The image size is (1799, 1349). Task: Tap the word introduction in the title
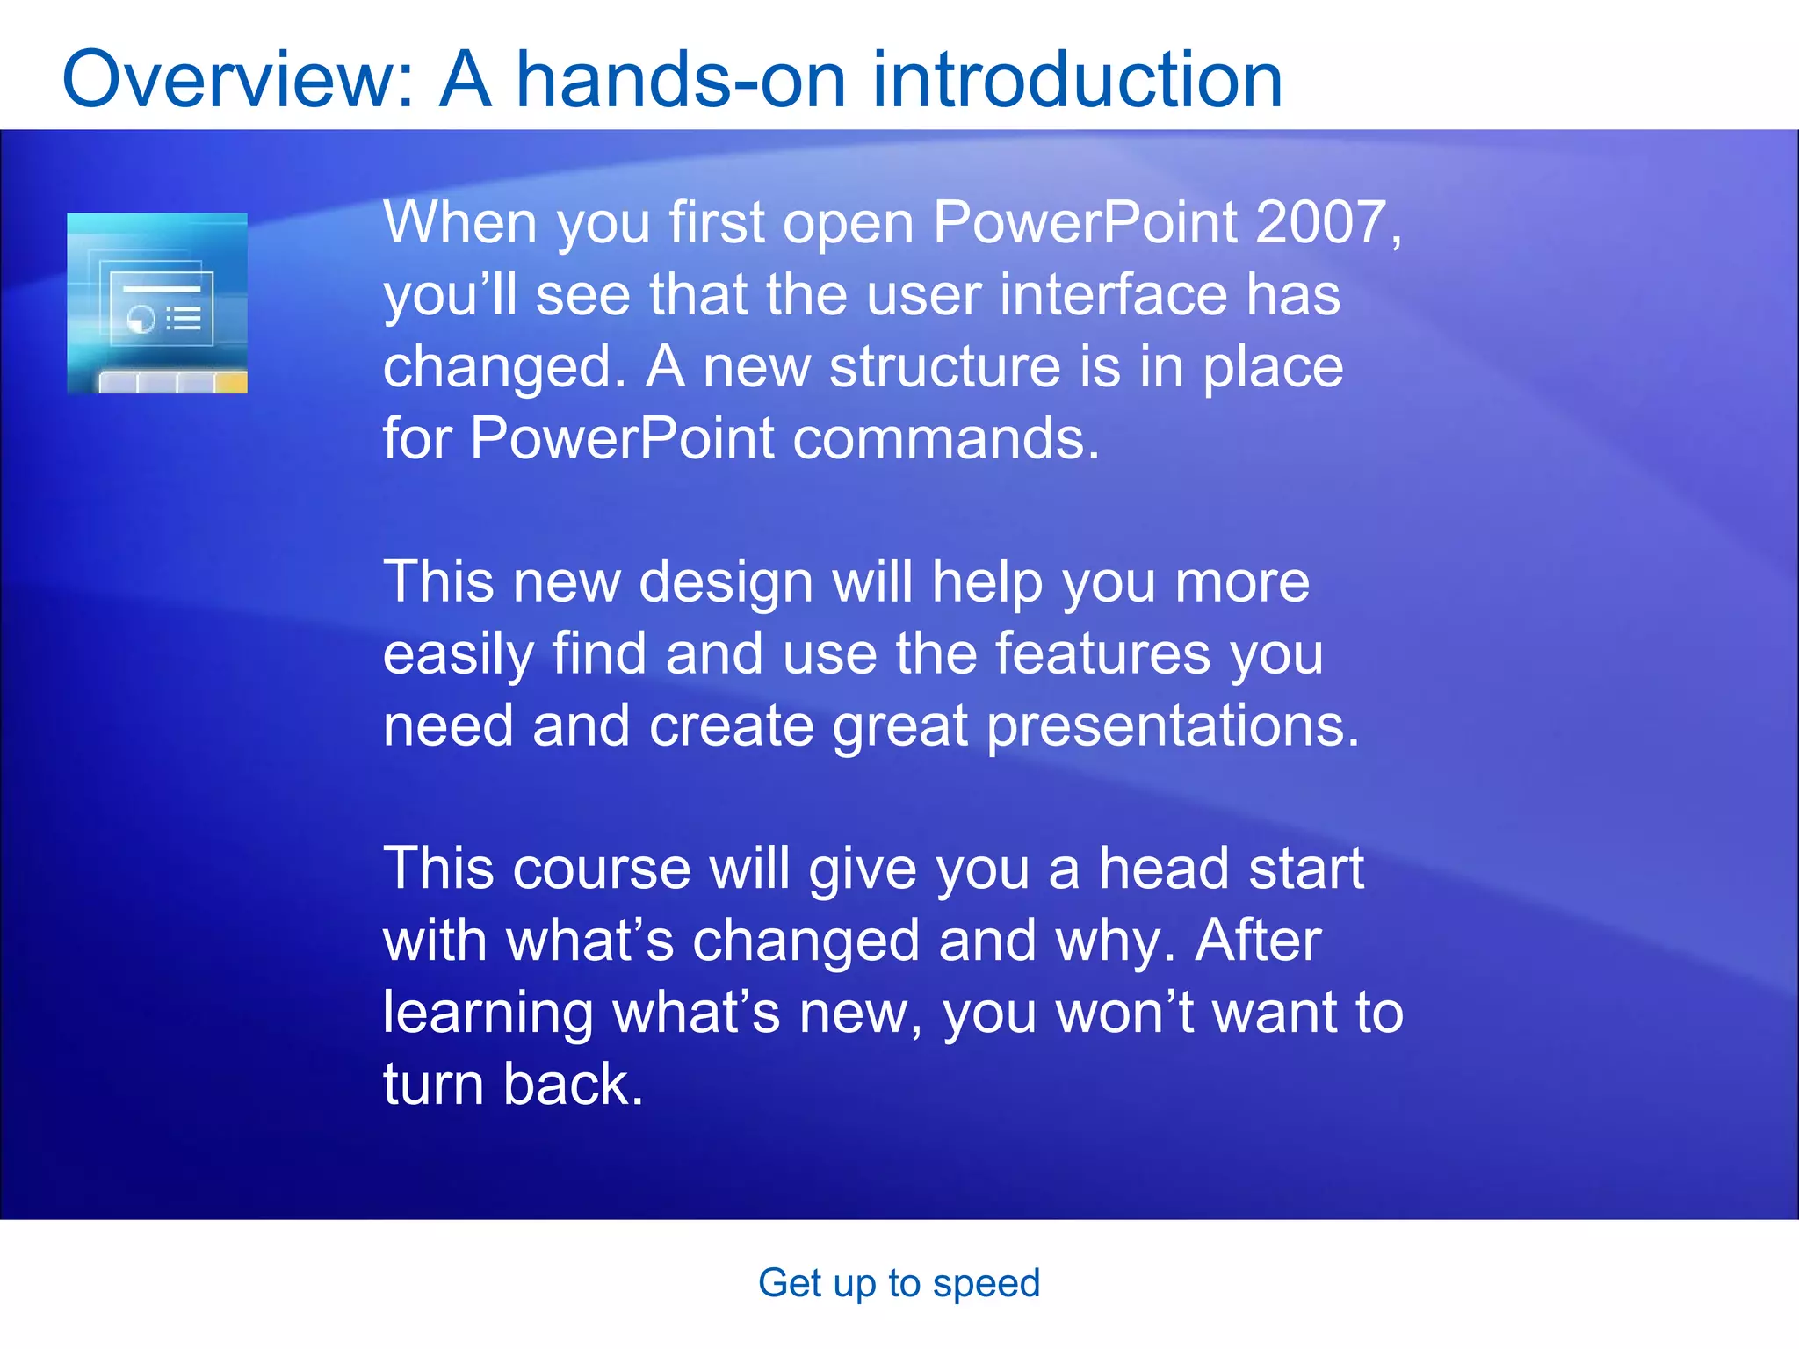(1077, 81)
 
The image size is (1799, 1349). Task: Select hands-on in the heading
(682, 81)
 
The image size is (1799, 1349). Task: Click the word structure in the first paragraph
(945, 366)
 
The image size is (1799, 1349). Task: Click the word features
(1102, 654)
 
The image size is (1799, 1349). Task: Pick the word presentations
(1172, 727)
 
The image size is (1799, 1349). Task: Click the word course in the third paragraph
(602, 869)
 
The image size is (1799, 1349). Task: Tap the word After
(1258, 941)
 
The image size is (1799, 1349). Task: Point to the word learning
(488, 1014)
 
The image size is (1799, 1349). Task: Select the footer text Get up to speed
(899, 1283)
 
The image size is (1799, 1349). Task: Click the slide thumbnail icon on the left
(157, 303)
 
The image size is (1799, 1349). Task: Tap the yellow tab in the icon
(231, 383)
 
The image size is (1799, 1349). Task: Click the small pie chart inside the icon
(141, 319)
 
